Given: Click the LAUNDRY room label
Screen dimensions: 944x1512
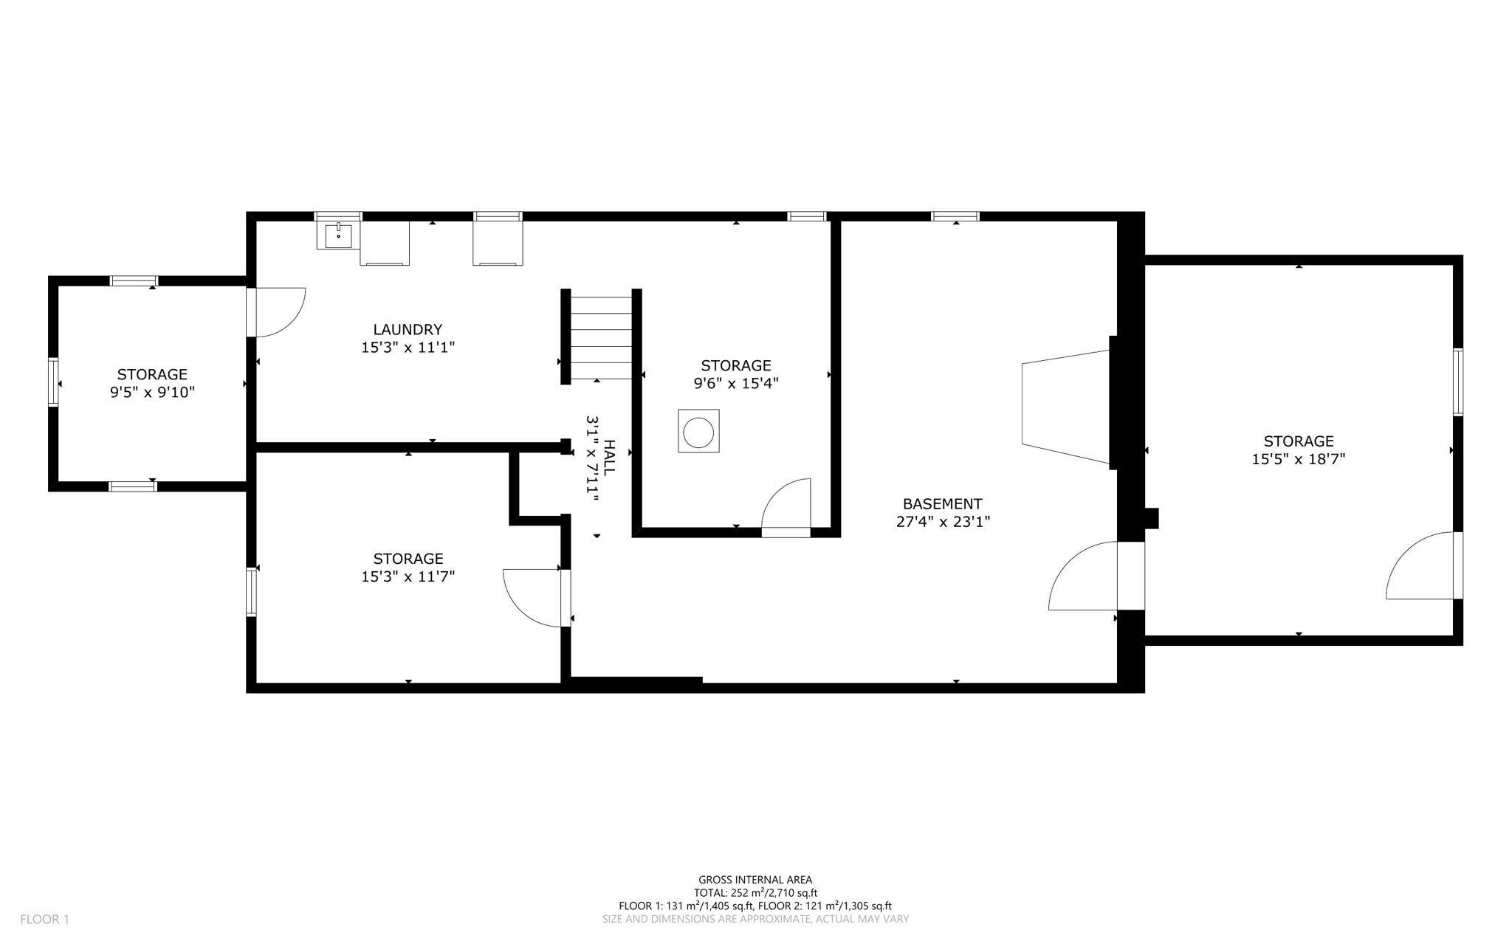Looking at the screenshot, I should (408, 329).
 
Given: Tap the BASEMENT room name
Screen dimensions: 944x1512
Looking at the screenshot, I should (942, 504).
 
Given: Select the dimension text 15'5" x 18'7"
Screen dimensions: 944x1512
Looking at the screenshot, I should (1298, 459).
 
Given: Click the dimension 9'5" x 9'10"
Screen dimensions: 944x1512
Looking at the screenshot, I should (152, 393).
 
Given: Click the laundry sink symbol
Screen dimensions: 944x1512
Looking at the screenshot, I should (338, 235).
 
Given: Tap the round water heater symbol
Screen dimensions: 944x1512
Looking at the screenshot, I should (698, 432).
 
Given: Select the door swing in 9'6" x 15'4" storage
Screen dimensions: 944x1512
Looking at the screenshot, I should (788, 505).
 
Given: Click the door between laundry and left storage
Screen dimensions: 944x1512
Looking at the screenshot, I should (277, 312).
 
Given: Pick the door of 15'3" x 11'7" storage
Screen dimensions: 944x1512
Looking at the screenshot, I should (533, 597).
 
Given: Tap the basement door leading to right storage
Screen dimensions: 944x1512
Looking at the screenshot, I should (1085, 577).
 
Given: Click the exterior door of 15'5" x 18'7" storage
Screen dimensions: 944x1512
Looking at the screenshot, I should (1422, 566).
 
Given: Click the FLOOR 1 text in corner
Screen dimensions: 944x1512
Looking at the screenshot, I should (44, 920).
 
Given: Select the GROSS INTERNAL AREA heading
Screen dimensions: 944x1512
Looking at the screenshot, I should (755, 880).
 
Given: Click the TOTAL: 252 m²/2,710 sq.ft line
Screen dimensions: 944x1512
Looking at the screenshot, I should (755, 893).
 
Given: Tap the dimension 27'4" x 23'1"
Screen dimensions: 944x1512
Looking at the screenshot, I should (942, 522).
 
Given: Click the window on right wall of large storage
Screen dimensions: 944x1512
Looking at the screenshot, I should (1458, 382).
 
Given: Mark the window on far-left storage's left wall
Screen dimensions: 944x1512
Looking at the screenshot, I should (53, 382).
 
